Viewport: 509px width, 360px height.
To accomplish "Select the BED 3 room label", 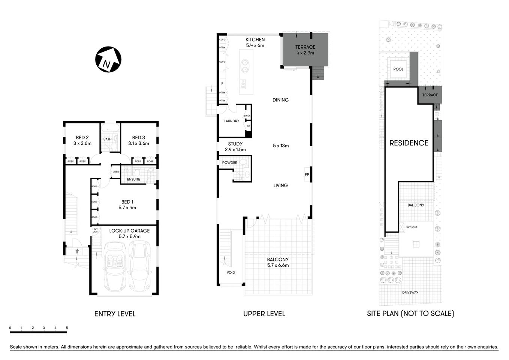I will (138, 138).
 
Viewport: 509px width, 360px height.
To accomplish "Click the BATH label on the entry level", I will (108, 139).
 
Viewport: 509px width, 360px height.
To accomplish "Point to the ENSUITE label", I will (133, 179).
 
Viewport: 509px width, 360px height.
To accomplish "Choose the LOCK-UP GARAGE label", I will (129, 231).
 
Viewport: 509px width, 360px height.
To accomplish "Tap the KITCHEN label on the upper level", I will (255, 40).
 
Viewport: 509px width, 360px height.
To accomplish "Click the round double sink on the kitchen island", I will (245, 66).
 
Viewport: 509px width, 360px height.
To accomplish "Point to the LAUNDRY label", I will (232, 121).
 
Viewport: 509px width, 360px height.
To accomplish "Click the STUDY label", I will (235, 144).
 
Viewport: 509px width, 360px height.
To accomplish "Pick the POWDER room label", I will (230, 163).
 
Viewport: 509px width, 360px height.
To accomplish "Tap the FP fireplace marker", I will (307, 174).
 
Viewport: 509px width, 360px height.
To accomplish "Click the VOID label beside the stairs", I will (231, 272).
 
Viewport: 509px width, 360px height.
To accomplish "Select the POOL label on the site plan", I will (398, 69).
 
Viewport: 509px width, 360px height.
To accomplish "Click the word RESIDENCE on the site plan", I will (409, 143).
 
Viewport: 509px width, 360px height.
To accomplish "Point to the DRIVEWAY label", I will (410, 292).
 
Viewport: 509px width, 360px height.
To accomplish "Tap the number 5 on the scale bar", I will (67, 328).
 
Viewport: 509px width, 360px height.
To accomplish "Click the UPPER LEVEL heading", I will (264, 314).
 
